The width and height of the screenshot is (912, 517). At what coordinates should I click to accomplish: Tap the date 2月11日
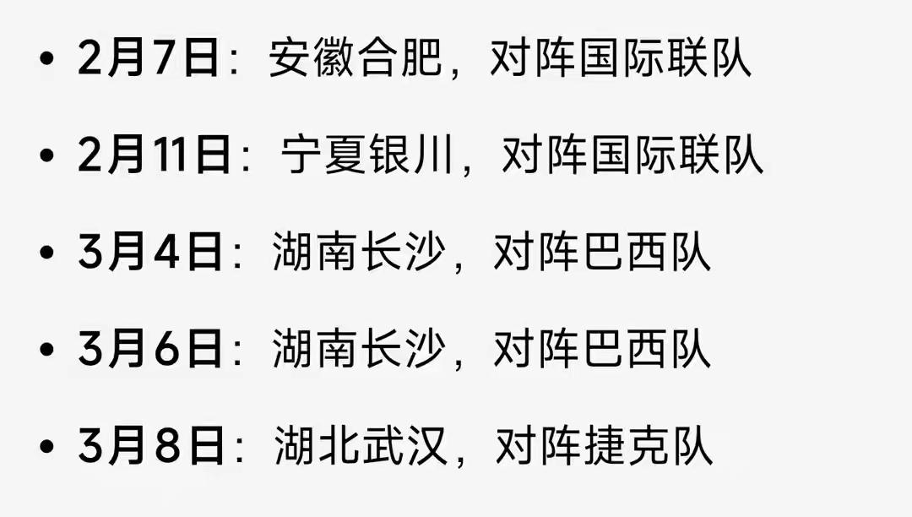155,156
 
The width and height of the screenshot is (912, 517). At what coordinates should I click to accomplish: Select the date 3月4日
151,253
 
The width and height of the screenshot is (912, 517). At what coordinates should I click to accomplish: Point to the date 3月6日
151,350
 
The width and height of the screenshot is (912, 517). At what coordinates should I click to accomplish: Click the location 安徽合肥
356,60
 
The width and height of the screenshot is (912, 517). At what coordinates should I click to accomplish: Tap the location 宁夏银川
367,156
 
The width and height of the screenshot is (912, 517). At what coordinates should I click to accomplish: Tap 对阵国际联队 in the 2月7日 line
621,60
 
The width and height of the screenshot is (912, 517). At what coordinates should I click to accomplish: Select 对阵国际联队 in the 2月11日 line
632,156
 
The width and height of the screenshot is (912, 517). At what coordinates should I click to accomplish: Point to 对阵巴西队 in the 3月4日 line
602,253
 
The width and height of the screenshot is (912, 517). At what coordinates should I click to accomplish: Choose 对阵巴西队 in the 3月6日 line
602,350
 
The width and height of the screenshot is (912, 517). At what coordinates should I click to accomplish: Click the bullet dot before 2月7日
47,62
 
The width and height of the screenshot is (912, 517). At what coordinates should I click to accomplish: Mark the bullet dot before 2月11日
47,158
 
